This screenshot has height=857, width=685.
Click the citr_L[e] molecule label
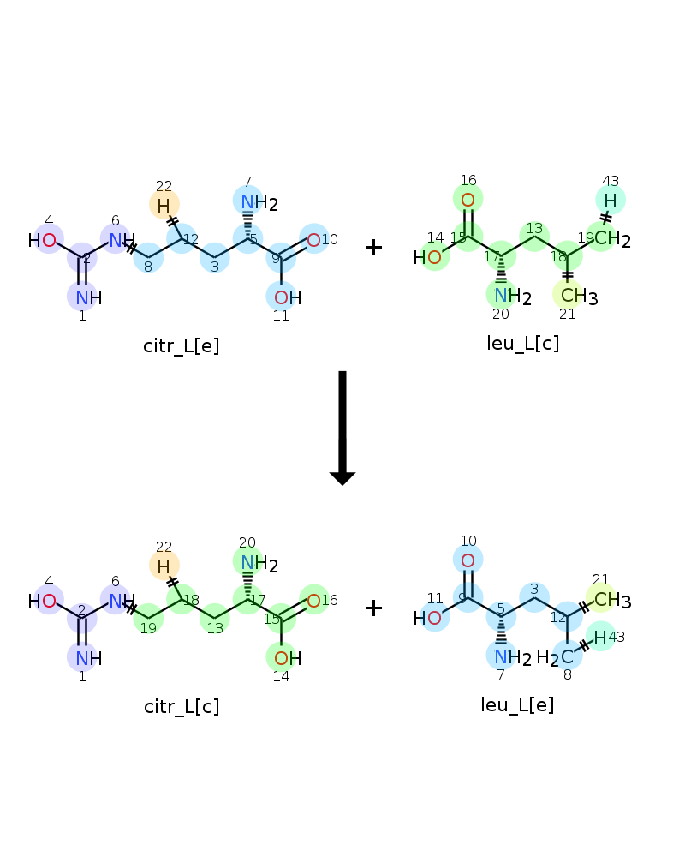[x=182, y=346]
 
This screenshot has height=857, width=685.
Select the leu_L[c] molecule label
[x=523, y=344]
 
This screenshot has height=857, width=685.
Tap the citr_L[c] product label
[x=182, y=707]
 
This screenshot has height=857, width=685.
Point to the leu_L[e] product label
[x=517, y=704]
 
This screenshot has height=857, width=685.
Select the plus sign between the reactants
[x=373, y=248]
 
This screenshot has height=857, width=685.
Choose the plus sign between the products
[x=373, y=608]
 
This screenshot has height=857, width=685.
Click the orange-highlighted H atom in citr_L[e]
[x=164, y=206]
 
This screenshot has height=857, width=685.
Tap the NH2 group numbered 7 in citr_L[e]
[x=259, y=203]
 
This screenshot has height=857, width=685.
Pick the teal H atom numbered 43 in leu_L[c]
[x=611, y=201]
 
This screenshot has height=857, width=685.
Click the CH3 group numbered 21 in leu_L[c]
[x=579, y=296]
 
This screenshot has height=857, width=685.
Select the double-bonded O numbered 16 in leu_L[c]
[x=468, y=200]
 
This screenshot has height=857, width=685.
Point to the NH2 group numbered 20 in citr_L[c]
[x=259, y=564]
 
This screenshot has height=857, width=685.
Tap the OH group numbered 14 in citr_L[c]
[x=288, y=658]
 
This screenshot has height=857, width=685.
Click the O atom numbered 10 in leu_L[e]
[x=468, y=560]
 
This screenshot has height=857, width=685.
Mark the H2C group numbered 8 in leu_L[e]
[x=556, y=657]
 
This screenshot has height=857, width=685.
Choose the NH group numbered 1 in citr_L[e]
[x=89, y=297]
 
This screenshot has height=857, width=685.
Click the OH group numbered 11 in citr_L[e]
[x=288, y=297]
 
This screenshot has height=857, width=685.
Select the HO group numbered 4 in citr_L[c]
[x=43, y=601]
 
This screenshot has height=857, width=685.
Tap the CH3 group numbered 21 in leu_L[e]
[x=612, y=600]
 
